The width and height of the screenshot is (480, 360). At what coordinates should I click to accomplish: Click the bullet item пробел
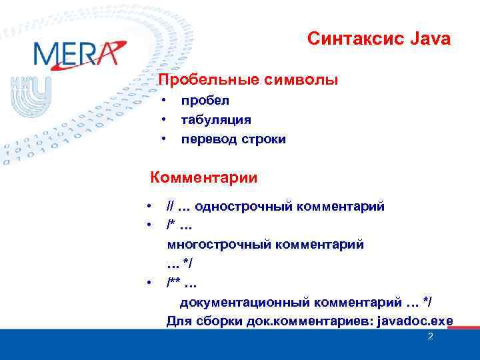205,101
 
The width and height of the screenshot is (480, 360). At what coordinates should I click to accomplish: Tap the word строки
263,139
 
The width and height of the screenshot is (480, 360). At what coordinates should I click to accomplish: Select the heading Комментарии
204,178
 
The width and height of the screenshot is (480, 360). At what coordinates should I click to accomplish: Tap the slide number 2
430,337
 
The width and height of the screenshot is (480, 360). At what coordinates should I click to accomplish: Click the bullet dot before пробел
162,101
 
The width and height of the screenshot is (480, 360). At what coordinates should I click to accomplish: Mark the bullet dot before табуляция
162,121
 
